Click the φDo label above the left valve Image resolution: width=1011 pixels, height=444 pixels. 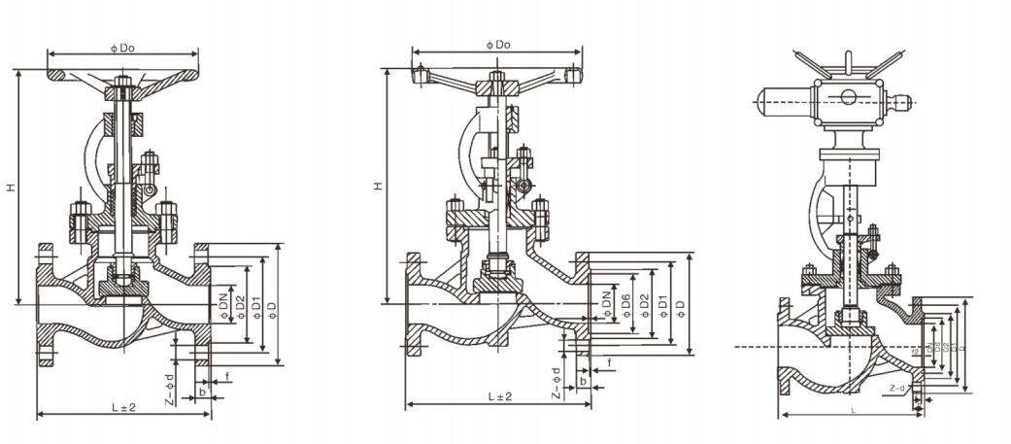tap(122, 45)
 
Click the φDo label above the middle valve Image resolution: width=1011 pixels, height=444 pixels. tap(497, 44)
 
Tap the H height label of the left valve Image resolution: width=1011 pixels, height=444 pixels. tap(11, 187)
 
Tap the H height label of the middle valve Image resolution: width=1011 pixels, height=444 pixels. tap(379, 186)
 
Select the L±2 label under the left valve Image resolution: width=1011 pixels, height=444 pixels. tap(123, 407)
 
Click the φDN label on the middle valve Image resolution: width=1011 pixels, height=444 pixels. tap(607, 304)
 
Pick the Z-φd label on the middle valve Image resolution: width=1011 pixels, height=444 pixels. tap(556, 382)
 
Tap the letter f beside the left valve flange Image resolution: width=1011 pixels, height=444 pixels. tap(227, 375)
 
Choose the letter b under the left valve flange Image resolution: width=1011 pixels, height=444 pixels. tap(202, 392)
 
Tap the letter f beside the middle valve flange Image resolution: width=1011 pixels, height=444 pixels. tap(609, 362)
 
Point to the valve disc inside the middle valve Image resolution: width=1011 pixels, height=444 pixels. tap(499, 283)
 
